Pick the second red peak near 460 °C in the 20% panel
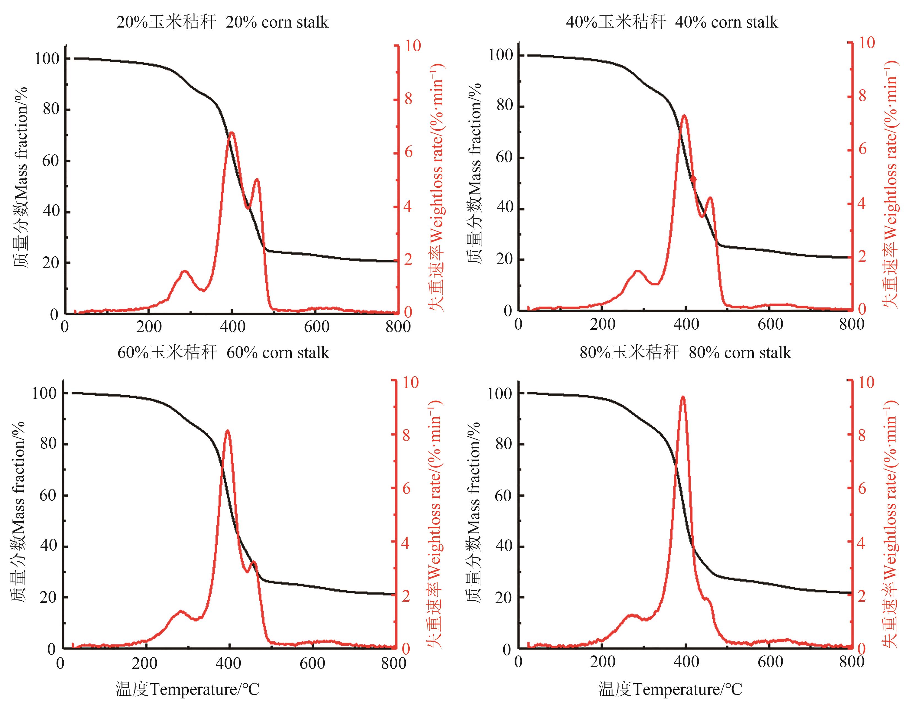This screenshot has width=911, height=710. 256,180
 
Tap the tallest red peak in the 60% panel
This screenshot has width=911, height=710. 227,431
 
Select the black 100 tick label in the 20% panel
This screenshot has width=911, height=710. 47,59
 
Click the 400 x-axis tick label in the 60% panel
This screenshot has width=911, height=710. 228,663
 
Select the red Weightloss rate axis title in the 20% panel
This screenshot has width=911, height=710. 437,188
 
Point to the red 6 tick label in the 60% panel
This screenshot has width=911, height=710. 406,489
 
